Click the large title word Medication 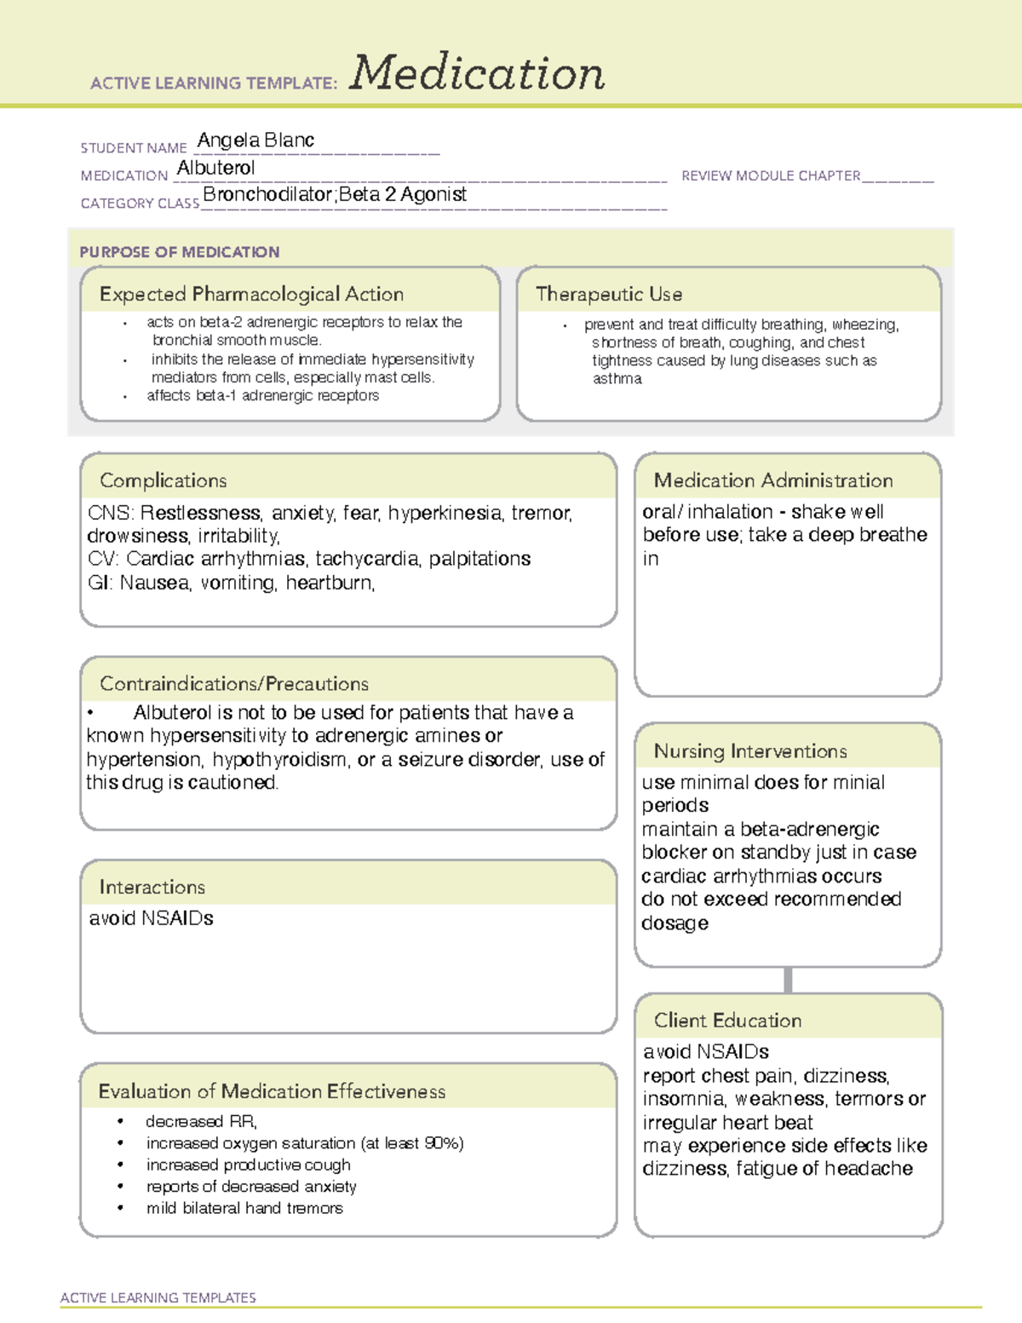pyautogui.click(x=476, y=73)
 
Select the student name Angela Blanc pyautogui.click(x=255, y=141)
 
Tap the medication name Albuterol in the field pyautogui.click(x=215, y=169)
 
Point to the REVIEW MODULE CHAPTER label pyautogui.click(x=771, y=175)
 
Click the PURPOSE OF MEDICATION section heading pyautogui.click(x=179, y=252)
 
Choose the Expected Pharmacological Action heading pyautogui.click(x=251, y=295)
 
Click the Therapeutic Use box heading pyautogui.click(x=608, y=295)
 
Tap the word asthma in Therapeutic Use pyautogui.click(x=617, y=379)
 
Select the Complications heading pyautogui.click(x=163, y=480)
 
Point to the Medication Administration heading pyautogui.click(x=772, y=480)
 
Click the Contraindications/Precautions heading pyautogui.click(x=233, y=684)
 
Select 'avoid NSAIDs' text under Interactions pyautogui.click(x=151, y=918)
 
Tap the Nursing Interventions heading pyautogui.click(x=749, y=751)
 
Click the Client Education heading pyautogui.click(x=727, y=1021)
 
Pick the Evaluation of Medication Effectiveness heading pyautogui.click(x=272, y=1091)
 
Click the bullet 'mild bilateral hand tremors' pyautogui.click(x=244, y=1208)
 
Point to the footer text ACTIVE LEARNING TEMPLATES pyautogui.click(x=158, y=1297)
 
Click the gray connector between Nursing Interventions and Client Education pyautogui.click(x=788, y=980)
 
